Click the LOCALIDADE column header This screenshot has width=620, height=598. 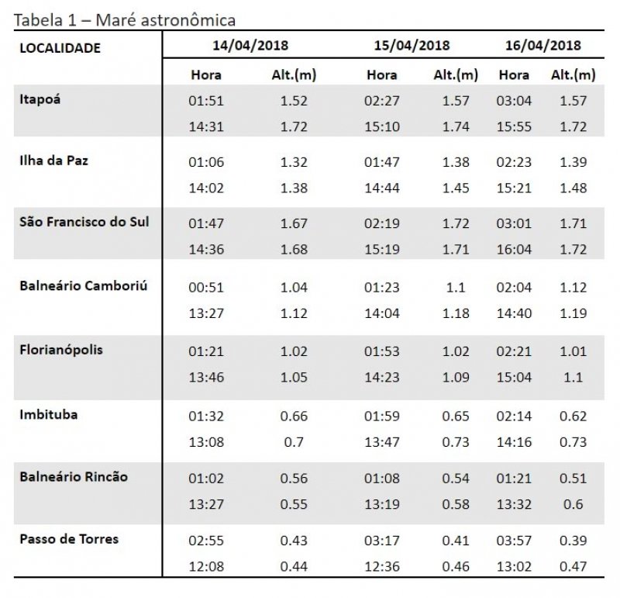pos(60,48)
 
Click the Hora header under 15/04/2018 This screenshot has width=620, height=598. pos(381,75)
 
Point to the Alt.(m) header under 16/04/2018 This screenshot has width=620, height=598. pos(573,75)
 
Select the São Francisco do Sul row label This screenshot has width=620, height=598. pos(84,221)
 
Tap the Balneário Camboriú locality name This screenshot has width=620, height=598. pos(83,285)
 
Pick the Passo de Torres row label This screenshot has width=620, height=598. pos(69,538)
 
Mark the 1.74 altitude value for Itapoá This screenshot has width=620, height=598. pos(456,126)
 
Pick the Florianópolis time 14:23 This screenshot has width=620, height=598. pos(381,377)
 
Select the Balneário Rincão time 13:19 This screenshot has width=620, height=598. pos(381,503)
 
